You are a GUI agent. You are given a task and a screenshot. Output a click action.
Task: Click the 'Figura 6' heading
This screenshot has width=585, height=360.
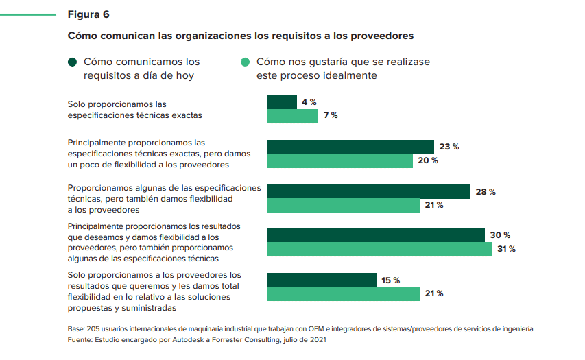click(x=88, y=14)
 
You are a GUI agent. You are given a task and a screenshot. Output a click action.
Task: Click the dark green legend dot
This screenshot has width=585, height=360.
click(x=73, y=62)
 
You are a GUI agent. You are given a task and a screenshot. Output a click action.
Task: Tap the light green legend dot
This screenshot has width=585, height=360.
click(x=245, y=62)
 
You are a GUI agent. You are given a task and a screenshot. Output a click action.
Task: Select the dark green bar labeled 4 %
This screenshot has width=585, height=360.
click(x=282, y=102)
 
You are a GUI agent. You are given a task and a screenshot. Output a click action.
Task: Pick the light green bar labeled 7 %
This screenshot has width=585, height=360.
click(x=293, y=116)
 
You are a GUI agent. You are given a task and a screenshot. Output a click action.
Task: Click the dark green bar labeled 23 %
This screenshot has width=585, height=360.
click(x=350, y=147)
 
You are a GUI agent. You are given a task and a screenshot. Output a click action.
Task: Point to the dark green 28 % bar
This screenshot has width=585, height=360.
click(x=368, y=191)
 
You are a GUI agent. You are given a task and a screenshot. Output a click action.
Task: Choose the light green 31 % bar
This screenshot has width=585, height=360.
click(x=379, y=249)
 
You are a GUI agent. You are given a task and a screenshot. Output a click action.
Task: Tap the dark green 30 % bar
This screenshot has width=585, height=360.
click(x=376, y=235)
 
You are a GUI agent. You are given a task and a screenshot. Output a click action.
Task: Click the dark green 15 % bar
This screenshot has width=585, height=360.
click(x=322, y=280)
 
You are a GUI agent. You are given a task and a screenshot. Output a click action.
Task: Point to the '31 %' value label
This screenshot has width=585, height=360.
click(x=507, y=249)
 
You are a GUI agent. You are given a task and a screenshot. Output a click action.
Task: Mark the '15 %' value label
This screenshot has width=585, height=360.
click(x=390, y=280)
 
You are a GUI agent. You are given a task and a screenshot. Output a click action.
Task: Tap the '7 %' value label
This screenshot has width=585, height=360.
click(x=331, y=115)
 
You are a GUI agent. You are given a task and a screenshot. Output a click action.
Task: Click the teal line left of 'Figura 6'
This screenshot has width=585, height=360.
click(x=28, y=14)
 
